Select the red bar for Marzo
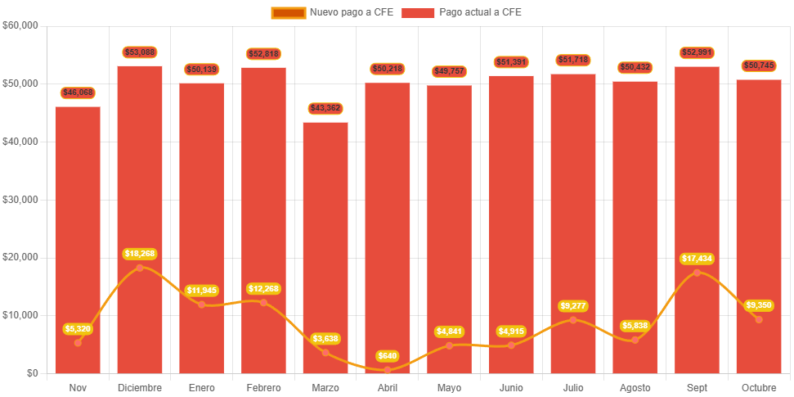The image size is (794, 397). [x=325, y=246]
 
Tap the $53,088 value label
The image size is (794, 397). [x=140, y=52]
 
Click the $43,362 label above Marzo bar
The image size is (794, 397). [x=325, y=109]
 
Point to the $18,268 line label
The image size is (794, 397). [x=140, y=254]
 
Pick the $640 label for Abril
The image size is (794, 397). [x=388, y=356]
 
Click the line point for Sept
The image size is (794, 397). [x=697, y=273]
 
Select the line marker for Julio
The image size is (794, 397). [x=573, y=319]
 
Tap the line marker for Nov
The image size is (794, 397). [x=78, y=343]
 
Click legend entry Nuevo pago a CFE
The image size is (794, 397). [x=331, y=12]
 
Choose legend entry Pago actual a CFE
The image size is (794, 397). [x=461, y=12]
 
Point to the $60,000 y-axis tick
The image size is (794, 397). [x=20, y=25]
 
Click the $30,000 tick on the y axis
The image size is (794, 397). [x=20, y=200]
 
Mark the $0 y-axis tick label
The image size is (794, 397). [x=32, y=373]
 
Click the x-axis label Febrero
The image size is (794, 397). [x=263, y=387]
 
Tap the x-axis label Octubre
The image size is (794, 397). [x=759, y=387]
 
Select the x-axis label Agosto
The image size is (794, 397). [x=635, y=387]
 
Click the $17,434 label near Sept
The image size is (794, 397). [x=697, y=259]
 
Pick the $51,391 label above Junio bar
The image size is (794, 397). [x=511, y=62]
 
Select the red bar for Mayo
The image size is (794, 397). [x=449, y=229]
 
